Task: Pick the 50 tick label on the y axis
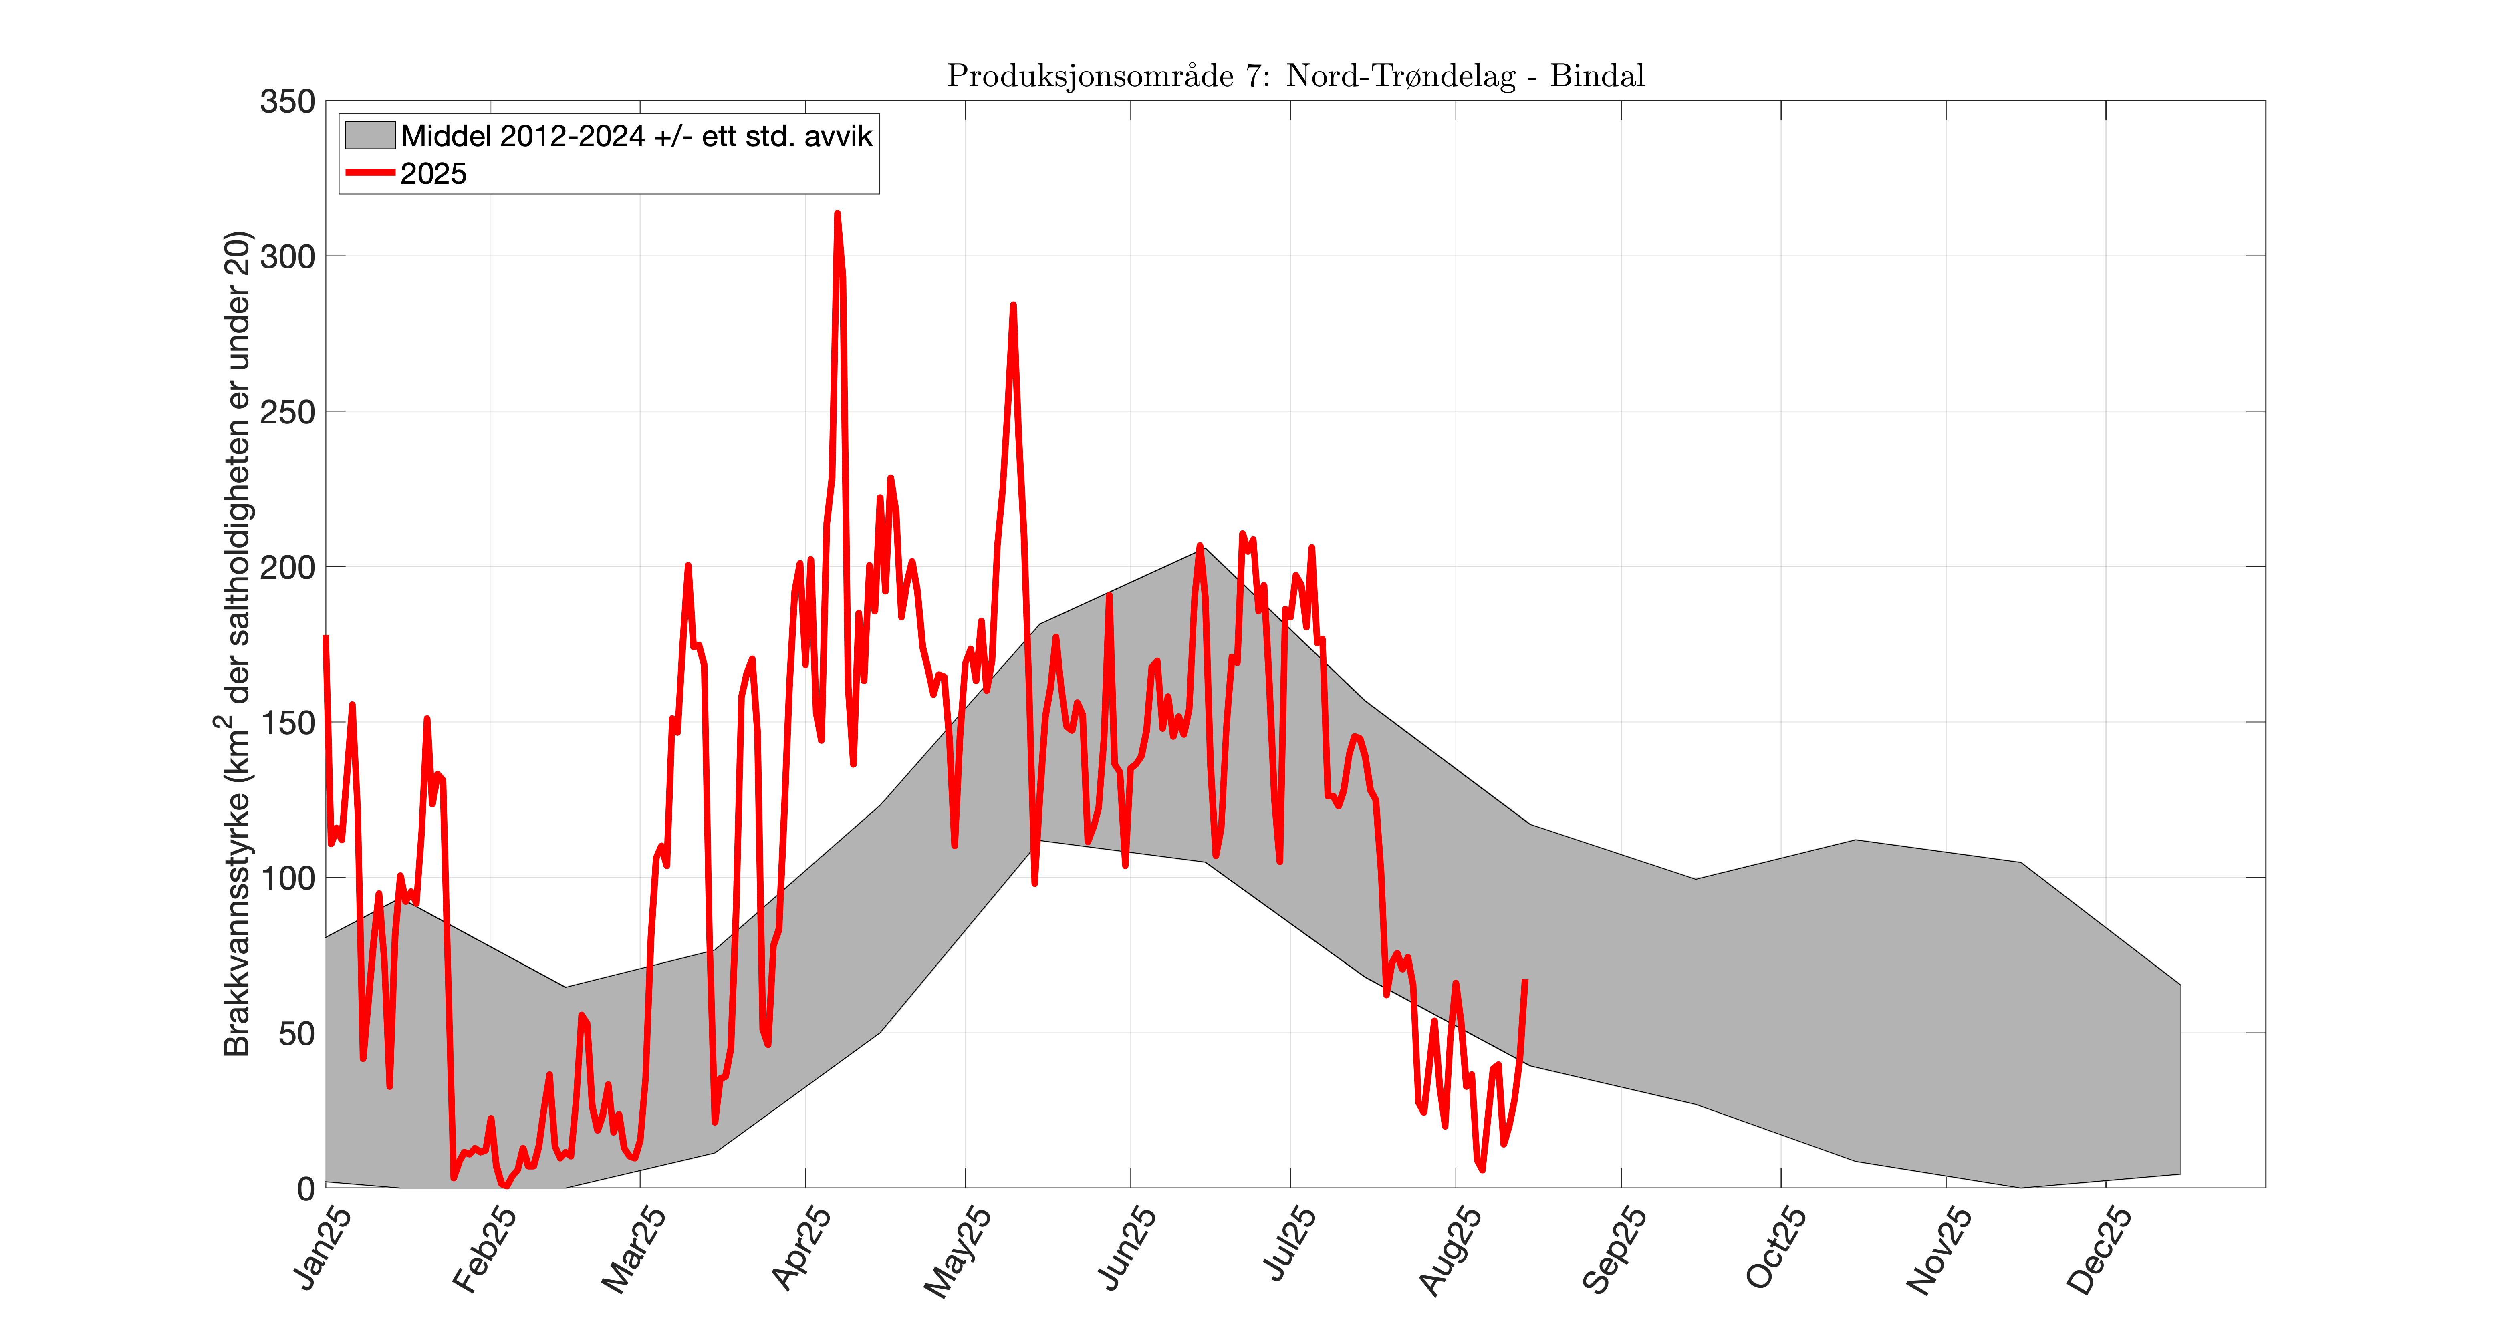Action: click(296, 1033)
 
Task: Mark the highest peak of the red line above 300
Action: click(837, 214)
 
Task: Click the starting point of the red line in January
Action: click(326, 637)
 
